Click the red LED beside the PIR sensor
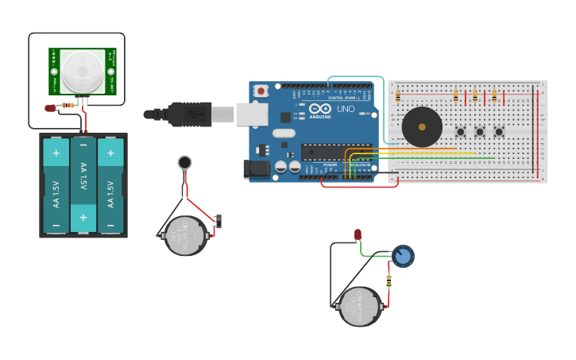[50, 107]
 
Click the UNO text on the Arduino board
[346, 109]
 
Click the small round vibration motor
[184, 163]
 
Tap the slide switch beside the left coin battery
[218, 221]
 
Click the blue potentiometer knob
[404, 256]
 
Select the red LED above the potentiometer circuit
[358, 234]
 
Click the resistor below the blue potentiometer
[389, 281]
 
